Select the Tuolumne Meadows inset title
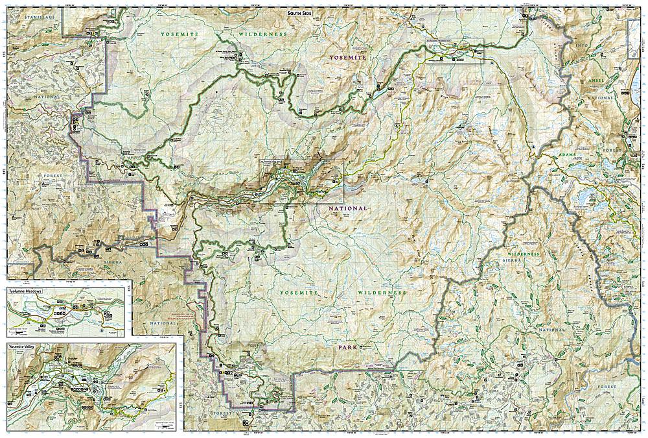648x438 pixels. [25, 292]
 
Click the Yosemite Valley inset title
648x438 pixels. [23, 347]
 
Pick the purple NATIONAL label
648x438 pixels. [348, 208]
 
